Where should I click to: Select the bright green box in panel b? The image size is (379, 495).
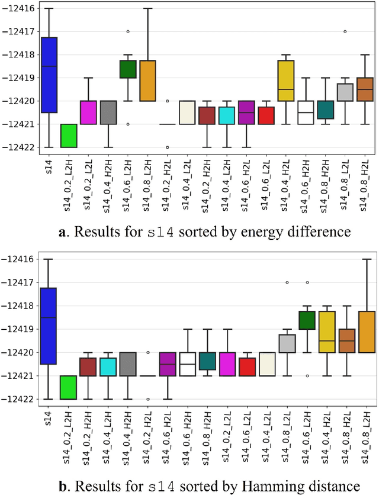tap(69, 387)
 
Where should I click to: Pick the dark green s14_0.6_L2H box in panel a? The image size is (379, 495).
tap(128, 69)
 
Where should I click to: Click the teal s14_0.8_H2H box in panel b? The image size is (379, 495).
tap(207, 361)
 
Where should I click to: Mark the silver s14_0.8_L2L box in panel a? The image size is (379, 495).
tap(345, 92)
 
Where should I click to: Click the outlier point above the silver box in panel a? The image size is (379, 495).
tap(345, 31)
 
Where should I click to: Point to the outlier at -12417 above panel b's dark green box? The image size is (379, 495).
tap(306, 282)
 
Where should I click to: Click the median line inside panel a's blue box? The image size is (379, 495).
tap(49, 66)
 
